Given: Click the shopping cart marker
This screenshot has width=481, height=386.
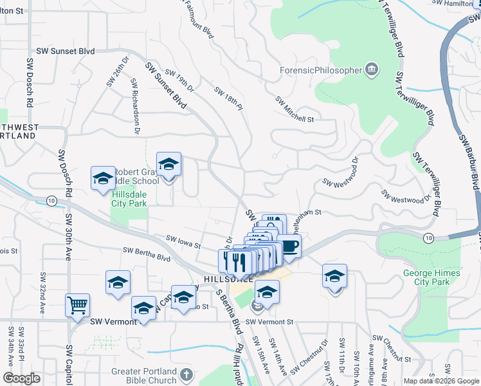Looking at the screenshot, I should (x=77, y=305).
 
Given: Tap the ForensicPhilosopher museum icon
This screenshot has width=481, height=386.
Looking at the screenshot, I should (x=371, y=69).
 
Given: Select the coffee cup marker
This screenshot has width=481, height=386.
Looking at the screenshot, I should (x=289, y=245).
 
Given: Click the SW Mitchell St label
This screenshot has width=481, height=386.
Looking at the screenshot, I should (x=295, y=109).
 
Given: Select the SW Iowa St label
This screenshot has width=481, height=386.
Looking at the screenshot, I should (x=184, y=243).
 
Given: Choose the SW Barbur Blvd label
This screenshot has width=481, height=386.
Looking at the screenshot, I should (x=470, y=161).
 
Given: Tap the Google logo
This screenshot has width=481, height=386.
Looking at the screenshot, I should (x=21, y=378).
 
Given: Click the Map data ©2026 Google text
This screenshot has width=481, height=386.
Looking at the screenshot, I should (x=441, y=381).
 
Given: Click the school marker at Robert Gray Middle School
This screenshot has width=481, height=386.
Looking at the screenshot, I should (x=168, y=165).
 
